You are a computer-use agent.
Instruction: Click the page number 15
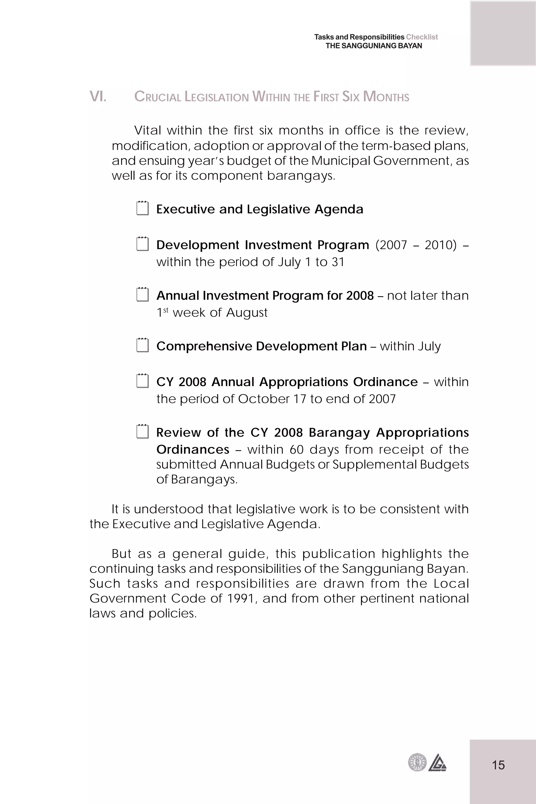(x=498, y=765)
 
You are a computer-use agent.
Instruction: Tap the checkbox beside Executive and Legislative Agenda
(x=143, y=209)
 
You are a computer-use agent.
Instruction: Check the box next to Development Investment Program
(x=143, y=244)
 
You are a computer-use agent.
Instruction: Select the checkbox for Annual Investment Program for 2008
(x=143, y=295)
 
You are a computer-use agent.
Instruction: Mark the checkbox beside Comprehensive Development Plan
(x=143, y=345)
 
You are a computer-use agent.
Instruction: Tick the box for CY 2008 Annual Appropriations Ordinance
(x=143, y=381)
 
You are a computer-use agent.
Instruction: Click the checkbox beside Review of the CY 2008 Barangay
(x=143, y=432)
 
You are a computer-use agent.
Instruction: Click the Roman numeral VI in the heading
(x=98, y=97)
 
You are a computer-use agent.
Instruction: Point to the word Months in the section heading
(x=386, y=97)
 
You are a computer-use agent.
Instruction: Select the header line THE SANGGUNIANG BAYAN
(x=374, y=46)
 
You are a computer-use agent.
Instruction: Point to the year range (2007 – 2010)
(x=416, y=245)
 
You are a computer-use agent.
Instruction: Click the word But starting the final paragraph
(x=122, y=554)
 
